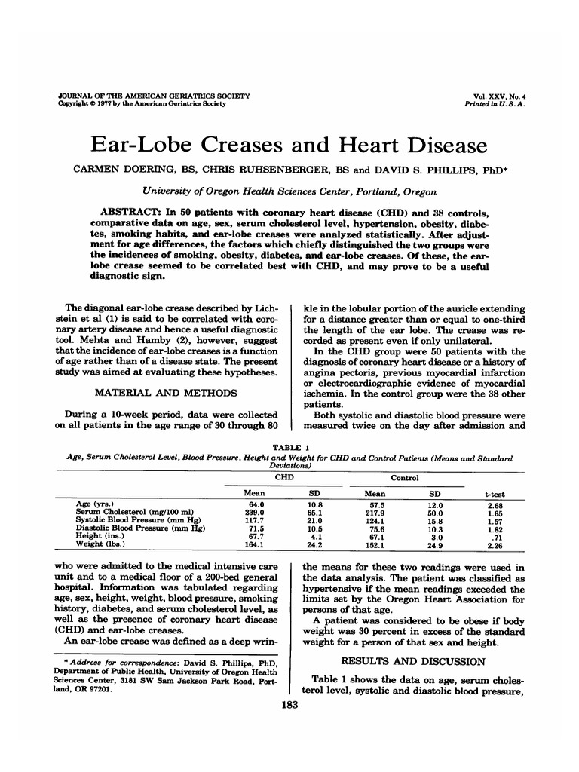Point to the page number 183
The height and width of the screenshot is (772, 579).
point(289,706)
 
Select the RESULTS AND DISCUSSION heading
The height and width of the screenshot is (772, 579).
point(414,661)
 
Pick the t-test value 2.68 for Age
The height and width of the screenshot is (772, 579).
point(495,504)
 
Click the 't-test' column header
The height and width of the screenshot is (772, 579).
point(495,492)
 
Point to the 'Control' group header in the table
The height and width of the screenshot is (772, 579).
point(404,477)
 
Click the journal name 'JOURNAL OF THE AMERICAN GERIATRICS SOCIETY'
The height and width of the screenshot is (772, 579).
point(154,96)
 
